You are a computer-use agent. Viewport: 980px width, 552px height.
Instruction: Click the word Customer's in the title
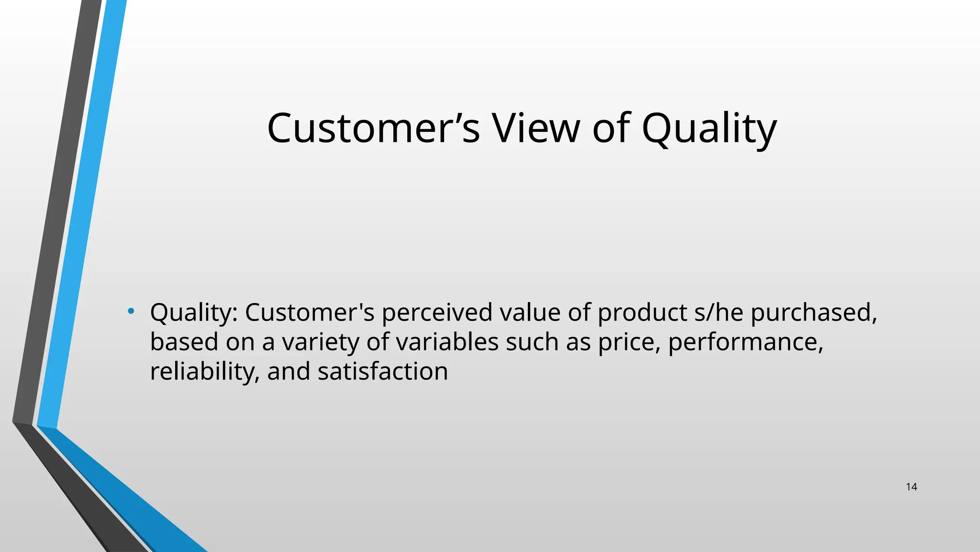[373, 128]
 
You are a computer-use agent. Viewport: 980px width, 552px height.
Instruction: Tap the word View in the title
[535, 128]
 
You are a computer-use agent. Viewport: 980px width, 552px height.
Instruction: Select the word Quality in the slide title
[709, 128]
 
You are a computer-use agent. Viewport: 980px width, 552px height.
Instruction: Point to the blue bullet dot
[131, 312]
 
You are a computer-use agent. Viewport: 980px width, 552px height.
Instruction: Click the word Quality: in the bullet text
[194, 312]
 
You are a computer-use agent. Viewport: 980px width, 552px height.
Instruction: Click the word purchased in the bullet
[813, 312]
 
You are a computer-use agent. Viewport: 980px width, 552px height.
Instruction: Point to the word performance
[745, 342]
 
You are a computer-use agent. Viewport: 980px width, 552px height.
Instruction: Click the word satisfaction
[382, 372]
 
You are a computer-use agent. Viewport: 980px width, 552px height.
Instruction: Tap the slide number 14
[911, 487]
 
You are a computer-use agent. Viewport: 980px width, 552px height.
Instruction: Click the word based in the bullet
[184, 342]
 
